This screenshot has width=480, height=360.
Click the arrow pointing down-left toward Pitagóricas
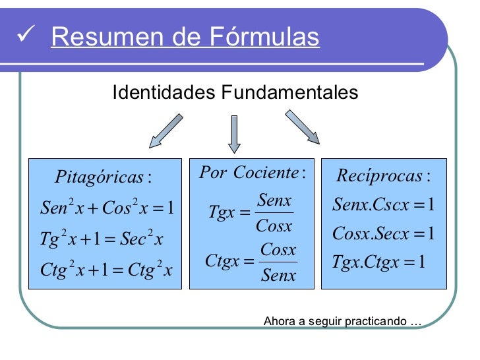click(165, 130)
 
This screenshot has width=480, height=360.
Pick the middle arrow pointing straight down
click(234, 134)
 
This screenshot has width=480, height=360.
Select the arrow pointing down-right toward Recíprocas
click(302, 127)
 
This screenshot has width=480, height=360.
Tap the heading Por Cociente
click(252, 173)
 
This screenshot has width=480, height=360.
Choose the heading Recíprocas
click(382, 176)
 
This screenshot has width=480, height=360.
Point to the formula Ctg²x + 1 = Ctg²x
click(105, 270)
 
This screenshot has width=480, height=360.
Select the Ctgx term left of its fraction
click(222, 262)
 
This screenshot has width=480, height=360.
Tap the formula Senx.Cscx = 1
click(383, 205)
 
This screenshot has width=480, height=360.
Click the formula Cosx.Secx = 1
click(383, 234)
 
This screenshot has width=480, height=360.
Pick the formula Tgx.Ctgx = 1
click(378, 263)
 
